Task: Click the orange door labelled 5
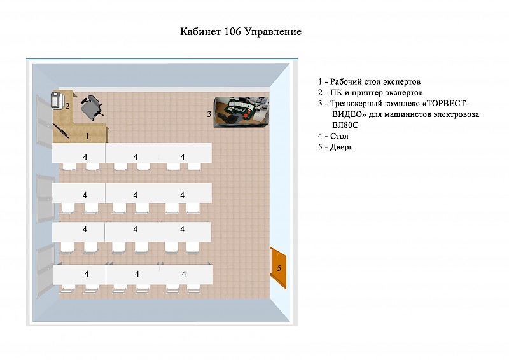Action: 278,268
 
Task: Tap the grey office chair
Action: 92,107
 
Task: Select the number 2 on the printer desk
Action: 67,106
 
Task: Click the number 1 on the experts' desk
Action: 87,135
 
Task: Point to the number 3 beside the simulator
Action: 209,114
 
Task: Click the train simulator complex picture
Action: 241,111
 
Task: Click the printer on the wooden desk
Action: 57,100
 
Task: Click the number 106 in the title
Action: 232,32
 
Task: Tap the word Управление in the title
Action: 273,32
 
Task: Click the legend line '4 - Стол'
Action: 333,136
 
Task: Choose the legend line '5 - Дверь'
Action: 335,147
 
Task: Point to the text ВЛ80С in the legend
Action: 345,125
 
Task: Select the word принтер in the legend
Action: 367,93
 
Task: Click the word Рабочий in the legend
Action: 346,82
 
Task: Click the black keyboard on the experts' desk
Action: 60,130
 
